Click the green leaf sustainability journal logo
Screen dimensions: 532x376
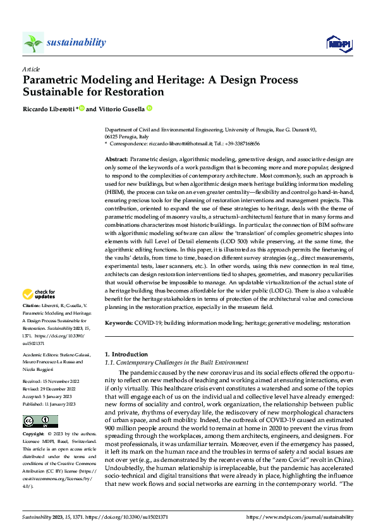coord(33,42)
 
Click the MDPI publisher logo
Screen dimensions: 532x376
coord(338,43)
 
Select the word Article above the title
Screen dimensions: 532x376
coord(31,68)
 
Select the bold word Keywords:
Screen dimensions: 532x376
coord(119,322)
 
